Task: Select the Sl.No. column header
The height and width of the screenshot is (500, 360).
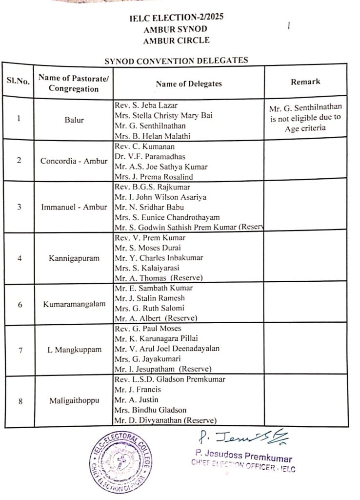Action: pos(18,82)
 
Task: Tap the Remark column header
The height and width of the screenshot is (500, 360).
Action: pos(305,82)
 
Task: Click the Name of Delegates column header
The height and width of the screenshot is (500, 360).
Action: pos(189,83)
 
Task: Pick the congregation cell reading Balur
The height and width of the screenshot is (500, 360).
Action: pos(74,119)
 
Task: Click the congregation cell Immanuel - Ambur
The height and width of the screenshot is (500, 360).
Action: pos(74,207)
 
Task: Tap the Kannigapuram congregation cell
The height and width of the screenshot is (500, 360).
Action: pos(74,258)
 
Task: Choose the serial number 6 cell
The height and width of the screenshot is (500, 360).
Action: pos(20,304)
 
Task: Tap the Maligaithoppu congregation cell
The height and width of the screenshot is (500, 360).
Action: pos(74,401)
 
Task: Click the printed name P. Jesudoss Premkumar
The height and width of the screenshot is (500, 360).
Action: pos(243,458)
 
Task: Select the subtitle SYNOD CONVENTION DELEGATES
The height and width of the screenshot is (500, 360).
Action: pos(176,61)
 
